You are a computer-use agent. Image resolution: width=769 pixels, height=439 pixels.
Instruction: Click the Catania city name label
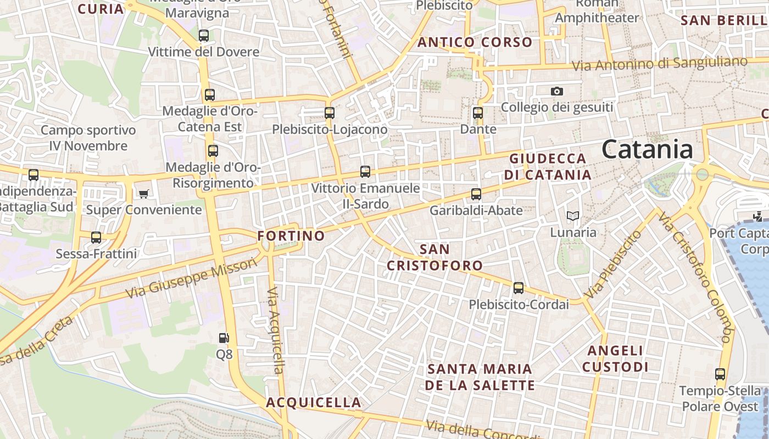click(647, 149)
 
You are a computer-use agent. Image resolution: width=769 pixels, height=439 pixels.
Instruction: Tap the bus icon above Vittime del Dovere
click(204, 36)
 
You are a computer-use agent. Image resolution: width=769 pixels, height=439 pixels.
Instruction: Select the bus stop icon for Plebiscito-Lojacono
click(330, 113)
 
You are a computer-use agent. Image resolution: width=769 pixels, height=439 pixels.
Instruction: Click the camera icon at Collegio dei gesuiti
click(557, 91)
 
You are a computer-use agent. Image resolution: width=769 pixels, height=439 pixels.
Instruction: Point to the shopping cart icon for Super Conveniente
click(144, 194)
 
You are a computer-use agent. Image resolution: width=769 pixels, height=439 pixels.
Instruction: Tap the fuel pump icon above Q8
click(224, 338)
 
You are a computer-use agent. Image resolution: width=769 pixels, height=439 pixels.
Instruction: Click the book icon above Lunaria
click(573, 216)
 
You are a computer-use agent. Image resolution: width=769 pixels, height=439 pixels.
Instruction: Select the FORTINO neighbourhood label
click(291, 236)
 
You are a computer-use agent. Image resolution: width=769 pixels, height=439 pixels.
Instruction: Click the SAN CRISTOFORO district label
click(434, 257)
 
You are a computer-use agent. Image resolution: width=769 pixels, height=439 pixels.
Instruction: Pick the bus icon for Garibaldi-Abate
click(476, 194)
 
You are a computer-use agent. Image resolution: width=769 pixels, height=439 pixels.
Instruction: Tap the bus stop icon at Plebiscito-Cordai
click(519, 288)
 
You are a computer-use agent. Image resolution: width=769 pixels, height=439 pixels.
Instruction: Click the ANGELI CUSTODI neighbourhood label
click(615, 359)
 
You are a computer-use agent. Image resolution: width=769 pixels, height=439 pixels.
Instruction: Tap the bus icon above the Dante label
click(478, 113)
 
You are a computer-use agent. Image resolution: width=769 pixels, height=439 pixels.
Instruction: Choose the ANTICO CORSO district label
click(475, 42)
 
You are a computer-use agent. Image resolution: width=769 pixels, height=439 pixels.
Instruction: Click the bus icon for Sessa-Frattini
click(96, 238)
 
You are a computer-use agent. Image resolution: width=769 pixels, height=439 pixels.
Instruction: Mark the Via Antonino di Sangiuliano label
click(659, 64)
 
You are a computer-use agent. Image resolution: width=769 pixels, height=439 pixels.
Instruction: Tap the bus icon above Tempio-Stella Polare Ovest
click(720, 374)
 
